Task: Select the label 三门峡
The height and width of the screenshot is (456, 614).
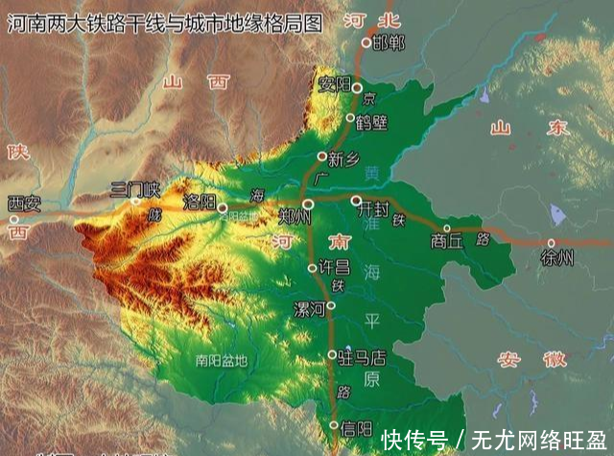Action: [134, 187]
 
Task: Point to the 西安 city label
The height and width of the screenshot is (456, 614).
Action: [24, 203]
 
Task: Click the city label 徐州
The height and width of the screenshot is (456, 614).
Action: [556, 257]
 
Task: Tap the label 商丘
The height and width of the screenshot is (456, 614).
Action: [446, 242]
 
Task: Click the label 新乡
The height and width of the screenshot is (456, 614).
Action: [342, 159]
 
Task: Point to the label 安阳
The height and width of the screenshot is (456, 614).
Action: [336, 84]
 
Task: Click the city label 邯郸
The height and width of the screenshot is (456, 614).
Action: [389, 42]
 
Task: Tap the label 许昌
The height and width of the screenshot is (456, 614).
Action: [333, 267]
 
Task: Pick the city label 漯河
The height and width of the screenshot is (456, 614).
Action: [309, 308]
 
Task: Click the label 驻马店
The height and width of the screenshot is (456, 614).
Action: [363, 357]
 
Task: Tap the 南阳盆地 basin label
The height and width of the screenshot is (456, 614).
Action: [220, 362]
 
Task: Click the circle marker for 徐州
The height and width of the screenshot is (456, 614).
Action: [552, 243]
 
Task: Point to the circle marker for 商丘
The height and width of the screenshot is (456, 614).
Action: [447, 228]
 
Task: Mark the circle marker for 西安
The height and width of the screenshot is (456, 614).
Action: [14, 219]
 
